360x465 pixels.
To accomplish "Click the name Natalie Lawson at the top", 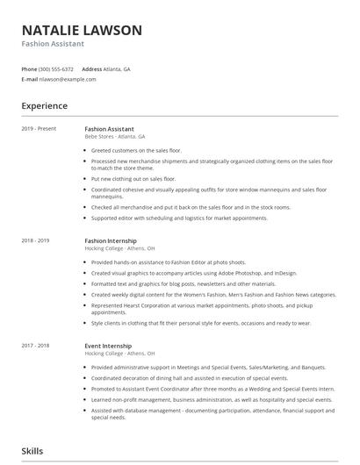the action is click(x=81, y=30).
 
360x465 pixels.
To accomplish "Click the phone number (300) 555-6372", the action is click(x=56, y=68).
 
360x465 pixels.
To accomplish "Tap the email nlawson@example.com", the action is click(x=67, y=79).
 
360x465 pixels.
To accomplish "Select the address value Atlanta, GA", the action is click(x=117, y=68).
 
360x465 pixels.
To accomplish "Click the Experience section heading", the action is click(x=44, y=105).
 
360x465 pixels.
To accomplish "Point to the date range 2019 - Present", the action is click(x=39, y=129).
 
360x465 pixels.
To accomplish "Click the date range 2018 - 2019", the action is click(x=37, y=240).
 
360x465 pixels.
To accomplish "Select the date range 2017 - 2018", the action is click(x=37, y=346).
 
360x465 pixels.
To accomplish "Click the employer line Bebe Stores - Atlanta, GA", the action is click(x=115, y=137).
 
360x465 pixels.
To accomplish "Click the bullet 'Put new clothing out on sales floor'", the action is click(x=133, y=178).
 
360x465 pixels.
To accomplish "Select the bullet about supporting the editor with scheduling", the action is click(x=179, y=218).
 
